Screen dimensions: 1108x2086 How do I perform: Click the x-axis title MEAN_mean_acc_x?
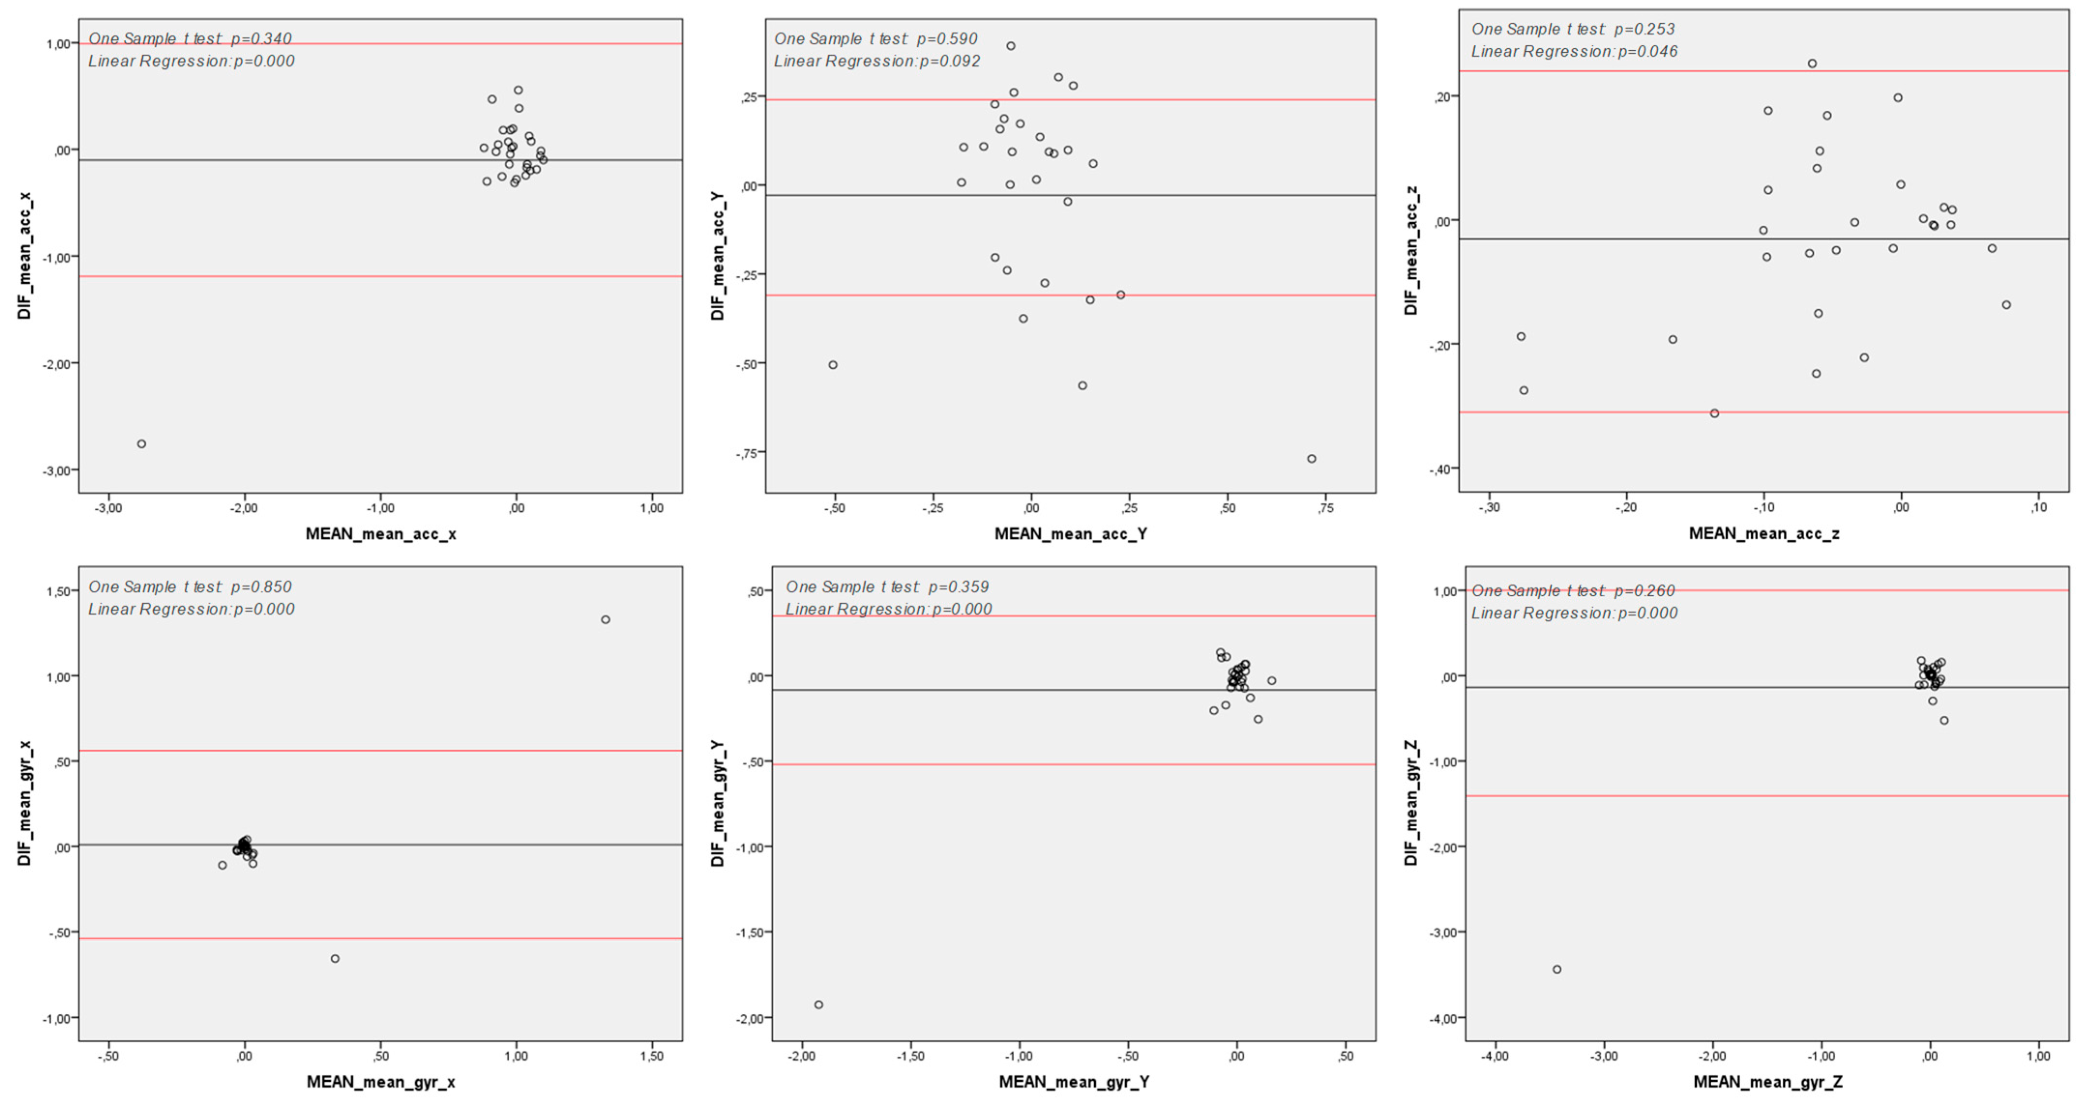[381, 533]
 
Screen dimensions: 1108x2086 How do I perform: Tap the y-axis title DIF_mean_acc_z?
[1411, 250]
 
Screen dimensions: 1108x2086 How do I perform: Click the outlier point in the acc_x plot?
[142, 444]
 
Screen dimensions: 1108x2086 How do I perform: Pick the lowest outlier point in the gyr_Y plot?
[819, 1005]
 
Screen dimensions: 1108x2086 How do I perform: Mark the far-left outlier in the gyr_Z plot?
[1557, 969]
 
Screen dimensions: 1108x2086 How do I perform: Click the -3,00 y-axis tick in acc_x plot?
[57, 470]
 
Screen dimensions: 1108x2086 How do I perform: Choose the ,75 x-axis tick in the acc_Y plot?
[1325, 508]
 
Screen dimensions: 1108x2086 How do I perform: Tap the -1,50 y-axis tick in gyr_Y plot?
[749, 933]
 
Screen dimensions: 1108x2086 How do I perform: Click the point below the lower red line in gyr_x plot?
[335, 958]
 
